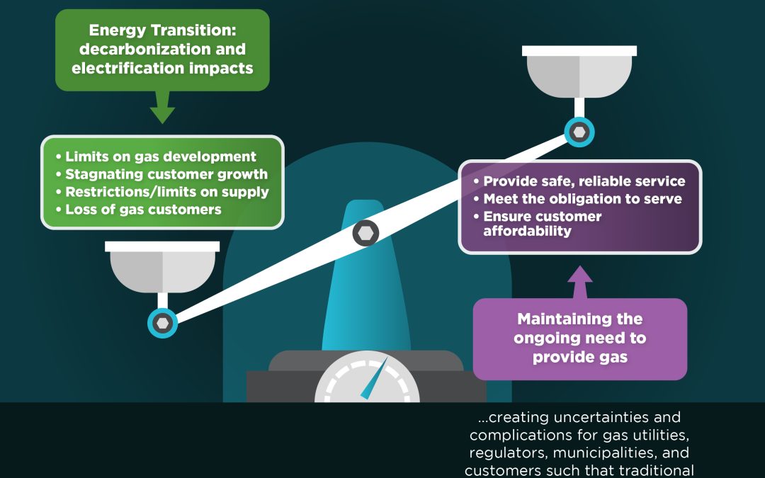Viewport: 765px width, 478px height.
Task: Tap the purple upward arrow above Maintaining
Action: coord(580,282)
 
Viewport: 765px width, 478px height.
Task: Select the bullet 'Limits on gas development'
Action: coord(161,157)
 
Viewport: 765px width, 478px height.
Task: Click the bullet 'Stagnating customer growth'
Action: coord(166,174)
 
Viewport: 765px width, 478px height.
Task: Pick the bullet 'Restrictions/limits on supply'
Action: coord(167,192)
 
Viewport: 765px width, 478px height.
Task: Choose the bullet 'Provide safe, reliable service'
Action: coord(584,181)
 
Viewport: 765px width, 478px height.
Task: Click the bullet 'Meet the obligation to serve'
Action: coord(582,199)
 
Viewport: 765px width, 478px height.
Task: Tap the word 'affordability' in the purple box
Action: coord(527,231)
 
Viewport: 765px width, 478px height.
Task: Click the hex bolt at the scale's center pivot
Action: coord(365,232)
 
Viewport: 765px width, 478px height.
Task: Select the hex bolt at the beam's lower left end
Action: coord(163,322)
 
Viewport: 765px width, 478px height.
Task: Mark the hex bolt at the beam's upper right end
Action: coord(579,131)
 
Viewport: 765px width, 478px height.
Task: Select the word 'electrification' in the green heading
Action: coord(120,69)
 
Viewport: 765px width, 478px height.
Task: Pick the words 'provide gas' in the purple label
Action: coord(579,357)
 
